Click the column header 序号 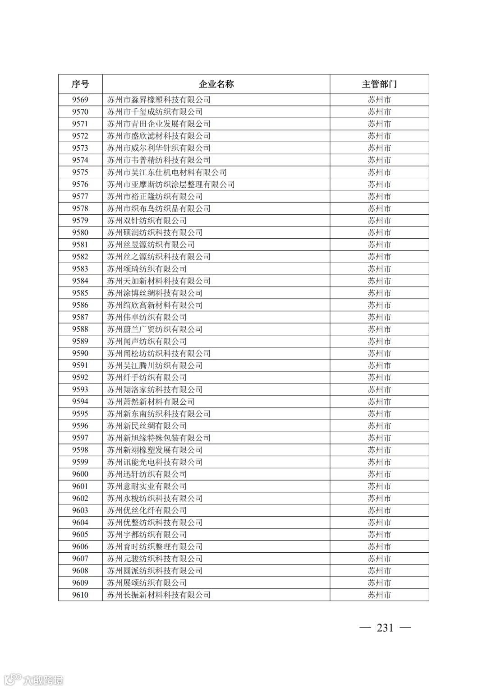tap(80, 84)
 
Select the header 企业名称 tap(216, 84)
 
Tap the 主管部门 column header tap(379, 84)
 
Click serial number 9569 tap(80, 100)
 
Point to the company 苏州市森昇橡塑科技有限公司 tap(159, 100)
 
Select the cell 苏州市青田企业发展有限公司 tap(159, 124)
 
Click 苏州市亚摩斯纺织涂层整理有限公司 tap(171, 185)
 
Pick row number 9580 tap(80, 233)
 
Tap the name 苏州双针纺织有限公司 tap(147, 221)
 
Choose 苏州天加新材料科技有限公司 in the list tap(159, 281)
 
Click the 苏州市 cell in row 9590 tap(379, 353)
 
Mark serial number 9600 tap(80, 474)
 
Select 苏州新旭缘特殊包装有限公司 tap(159, 438)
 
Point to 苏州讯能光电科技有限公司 tap(155, 462)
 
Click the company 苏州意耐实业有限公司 tap(147, 486)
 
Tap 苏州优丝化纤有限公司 tap(147, 510)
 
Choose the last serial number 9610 tap(80, 595)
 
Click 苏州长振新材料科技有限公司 tap(159, 595)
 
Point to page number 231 tap(385, 628)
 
